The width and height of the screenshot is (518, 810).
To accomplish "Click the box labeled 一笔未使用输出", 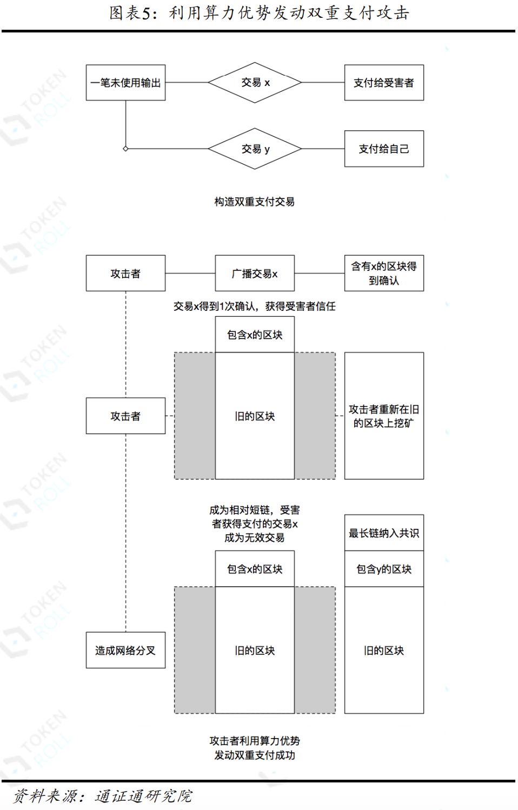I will [125, 83].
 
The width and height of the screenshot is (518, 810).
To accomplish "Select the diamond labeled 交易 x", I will [255, 83].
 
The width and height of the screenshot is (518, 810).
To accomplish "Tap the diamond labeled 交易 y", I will [255, 149].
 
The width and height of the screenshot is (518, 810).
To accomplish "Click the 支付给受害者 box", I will [384, 83].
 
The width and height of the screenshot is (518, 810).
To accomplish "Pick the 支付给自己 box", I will [384, 149].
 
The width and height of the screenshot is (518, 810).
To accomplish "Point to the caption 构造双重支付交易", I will [254, 202].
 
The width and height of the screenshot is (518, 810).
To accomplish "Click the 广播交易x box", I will [255, 274].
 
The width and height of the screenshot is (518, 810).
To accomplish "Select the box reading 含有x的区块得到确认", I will [384, 274].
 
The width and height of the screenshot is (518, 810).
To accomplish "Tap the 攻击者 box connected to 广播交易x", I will [125, 274].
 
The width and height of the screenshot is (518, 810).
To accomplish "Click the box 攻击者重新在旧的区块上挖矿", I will [384, 416].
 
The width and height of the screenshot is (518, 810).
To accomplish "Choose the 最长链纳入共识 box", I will [384, 533].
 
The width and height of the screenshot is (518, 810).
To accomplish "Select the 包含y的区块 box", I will [384, 569].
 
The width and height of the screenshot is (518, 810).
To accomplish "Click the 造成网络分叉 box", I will [125, 650].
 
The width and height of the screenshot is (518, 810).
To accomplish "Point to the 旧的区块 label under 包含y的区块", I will [384, 650].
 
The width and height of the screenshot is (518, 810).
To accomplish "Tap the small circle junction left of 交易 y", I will [125, 149].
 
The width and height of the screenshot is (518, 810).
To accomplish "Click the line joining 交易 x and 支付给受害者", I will [323, 83].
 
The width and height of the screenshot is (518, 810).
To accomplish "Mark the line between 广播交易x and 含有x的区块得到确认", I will [320, 274].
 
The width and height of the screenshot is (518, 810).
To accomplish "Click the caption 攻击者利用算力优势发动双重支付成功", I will [255, 748].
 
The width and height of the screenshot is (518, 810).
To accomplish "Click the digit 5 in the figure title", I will [147, 13].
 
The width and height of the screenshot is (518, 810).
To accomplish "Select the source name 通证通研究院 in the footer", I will [143, 796].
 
